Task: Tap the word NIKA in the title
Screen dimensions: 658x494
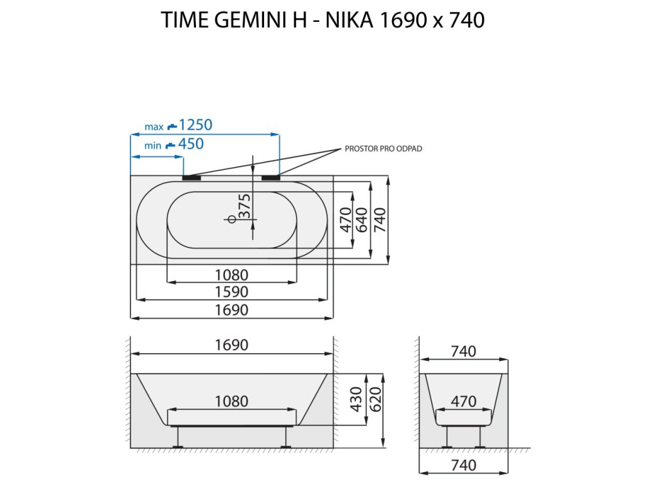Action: pos(349,20)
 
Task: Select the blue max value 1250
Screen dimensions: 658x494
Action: pos(195,125)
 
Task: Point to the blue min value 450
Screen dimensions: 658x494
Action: pos(191,143)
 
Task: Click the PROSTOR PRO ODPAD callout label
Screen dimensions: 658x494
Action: pos(383,149)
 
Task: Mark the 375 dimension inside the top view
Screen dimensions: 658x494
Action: pos(244,206)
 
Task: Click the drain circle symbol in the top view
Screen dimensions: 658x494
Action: pos(232,219)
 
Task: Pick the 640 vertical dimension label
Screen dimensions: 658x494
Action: pos(361,220)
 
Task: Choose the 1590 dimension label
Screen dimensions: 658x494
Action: pos(231,291)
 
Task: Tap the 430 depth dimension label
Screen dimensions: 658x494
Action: pos(356,399)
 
